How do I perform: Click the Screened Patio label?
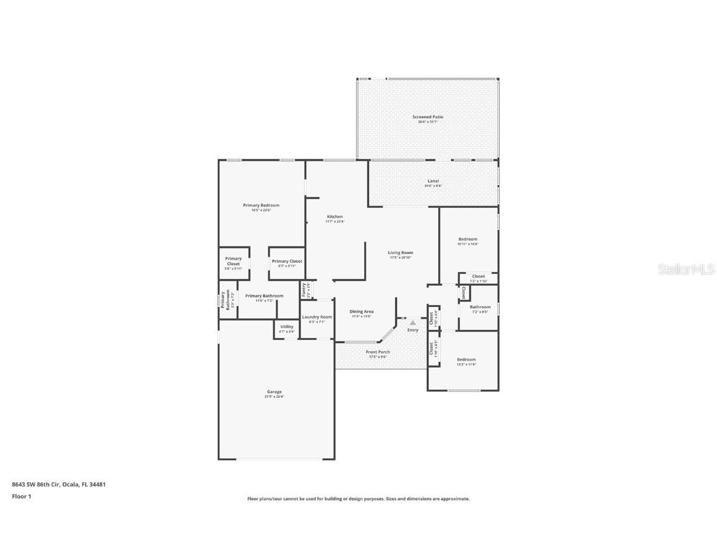tap(428, 117)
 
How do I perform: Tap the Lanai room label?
tap(433, 181)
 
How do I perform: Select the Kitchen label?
tap(335, 217)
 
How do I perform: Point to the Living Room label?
tap(401, 253)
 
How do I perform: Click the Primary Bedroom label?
tap(261, 205)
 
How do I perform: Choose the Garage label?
tap(274, 392)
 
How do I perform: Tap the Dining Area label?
tap(361, 311)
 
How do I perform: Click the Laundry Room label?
tap(317, 317)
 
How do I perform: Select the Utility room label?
tap(286, 327)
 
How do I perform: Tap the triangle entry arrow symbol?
tap(412, 323)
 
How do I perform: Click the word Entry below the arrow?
tap(413, 330)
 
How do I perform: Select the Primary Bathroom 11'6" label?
tap(264, 296)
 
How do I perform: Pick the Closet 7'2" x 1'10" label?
tap(478, 276)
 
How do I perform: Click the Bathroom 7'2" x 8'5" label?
tap(480, 307)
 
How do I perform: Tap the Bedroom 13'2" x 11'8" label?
tap(466, 360)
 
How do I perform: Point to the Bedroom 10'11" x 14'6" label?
tap(468, 240)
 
